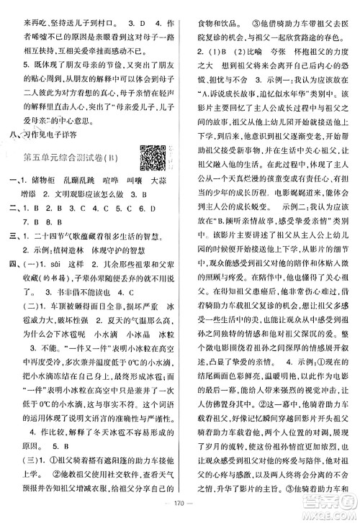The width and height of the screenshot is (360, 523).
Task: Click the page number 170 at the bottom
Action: (x=179, y=512)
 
